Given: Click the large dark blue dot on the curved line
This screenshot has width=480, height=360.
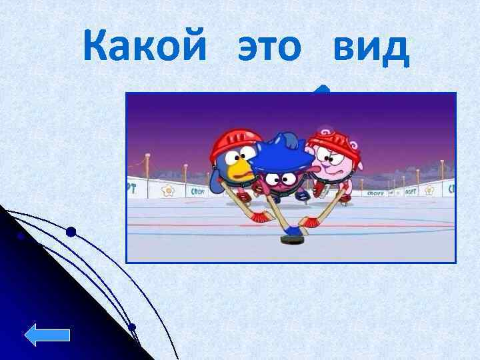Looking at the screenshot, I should pyautogui.click(x=71, y=232).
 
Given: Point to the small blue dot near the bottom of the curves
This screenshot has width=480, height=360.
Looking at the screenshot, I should pyautogui.click(x=132, y=327).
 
